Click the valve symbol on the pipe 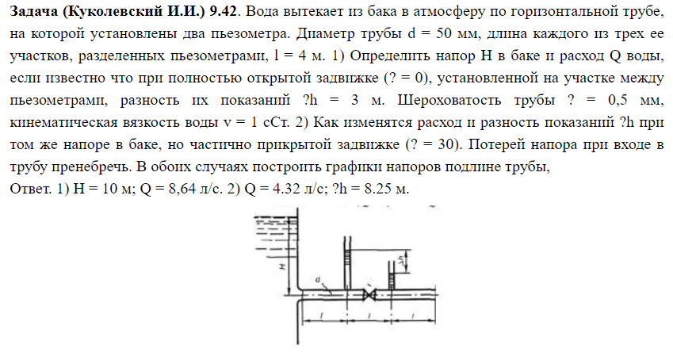[369, 295]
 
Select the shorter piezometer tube [392, 275]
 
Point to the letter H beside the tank [282, 266]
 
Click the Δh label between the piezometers [400, 260]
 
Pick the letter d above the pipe [318, 280]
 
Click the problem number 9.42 [224, 11]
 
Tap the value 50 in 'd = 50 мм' [444, 33]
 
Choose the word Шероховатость [449, 100]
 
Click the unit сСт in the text [274, 122]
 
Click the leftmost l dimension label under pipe [323, 316]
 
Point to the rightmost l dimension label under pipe [412, 316]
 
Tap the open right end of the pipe [436, 295]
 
